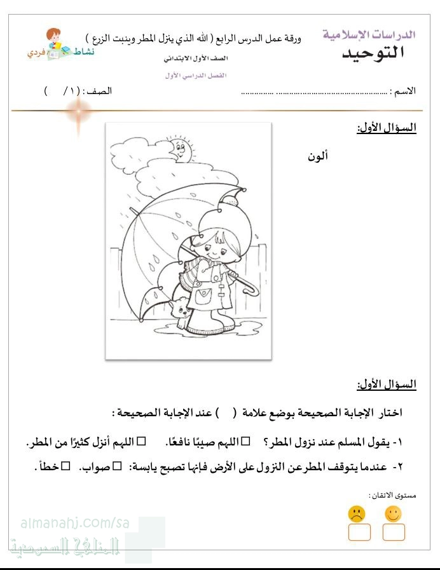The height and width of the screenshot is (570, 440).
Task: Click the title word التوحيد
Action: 373,53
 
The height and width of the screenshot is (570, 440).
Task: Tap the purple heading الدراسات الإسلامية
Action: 369,34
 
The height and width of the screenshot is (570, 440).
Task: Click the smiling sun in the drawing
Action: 179,151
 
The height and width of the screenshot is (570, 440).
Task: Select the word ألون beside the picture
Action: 317,157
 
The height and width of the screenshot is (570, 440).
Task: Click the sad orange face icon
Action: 357,513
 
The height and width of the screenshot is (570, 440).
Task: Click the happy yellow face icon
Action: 394,513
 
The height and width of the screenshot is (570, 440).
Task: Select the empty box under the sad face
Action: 359,533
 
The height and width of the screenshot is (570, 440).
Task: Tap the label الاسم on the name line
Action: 403,90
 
